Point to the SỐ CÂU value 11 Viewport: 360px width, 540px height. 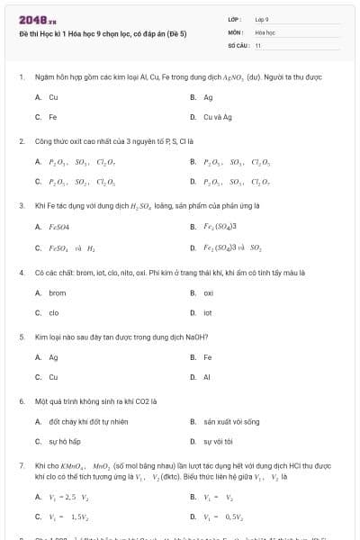pos(258,44)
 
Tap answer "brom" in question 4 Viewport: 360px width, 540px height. pos(57,292)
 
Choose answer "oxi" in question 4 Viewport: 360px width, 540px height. pos(208,292)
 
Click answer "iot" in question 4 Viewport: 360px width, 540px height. pos(208,313)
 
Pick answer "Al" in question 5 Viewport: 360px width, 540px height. pos(207,377)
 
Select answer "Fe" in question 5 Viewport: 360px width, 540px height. pos(207,357)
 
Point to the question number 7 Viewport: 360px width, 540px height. pos(21,465)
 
